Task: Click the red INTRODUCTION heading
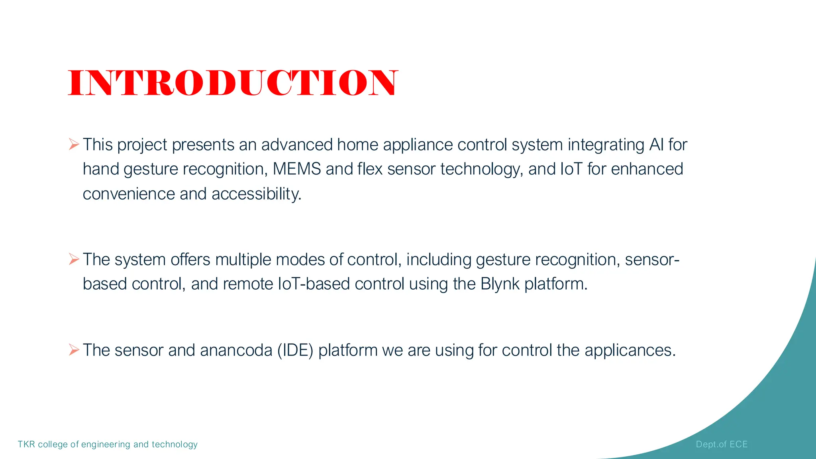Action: coord(233,83)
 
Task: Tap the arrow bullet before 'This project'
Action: coord(74,144)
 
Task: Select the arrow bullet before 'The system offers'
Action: coord(74,259)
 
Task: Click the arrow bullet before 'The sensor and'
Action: coord(74,350)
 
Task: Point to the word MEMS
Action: coord(297,169)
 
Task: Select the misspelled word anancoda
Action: coord(236,350)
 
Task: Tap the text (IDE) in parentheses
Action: coord(295,350)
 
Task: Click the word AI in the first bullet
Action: coord(656,145)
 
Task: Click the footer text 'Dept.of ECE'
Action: coord(722,444)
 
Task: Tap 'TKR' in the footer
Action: coord(26,444)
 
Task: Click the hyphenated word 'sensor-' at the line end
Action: coord(652,260)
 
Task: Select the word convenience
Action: coord(129,194)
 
